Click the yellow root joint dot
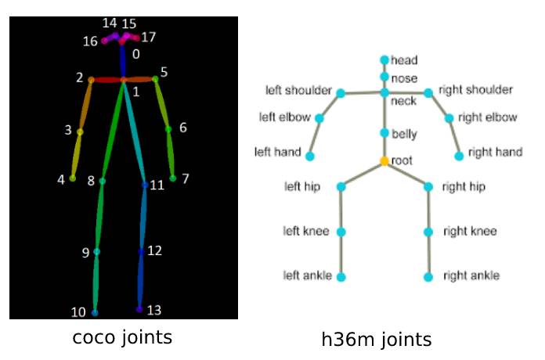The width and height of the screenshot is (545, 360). (x=384, y=161)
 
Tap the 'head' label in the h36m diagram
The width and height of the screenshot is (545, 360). (x=404, y=60)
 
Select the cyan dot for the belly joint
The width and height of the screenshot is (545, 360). (x=384, y=133)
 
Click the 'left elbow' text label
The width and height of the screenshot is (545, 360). (x=284, y=118)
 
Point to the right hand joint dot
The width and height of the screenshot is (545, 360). (x=459, y=156)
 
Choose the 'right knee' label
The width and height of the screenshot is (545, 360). (x=470, y=232)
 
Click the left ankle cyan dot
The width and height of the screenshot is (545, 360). (x=341, y=276)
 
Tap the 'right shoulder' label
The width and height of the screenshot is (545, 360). (x=475, y=90)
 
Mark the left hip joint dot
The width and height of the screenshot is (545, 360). (x=341, y=186)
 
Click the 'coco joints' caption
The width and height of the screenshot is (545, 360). (x=122, y=337)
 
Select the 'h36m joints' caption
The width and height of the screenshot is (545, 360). (x=377, y=340)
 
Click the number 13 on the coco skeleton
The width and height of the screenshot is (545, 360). (x=154, y=311)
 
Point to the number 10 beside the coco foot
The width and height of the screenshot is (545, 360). (x=78, y=312)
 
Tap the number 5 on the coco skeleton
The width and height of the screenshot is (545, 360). (x=164, y=72)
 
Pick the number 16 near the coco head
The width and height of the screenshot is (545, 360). (x=90, y=41)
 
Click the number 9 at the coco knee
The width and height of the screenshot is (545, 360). (x=85, y=253)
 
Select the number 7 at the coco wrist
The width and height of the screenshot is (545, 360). (x=185, y=178)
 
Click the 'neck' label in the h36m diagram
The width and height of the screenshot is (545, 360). (x=403, y=102)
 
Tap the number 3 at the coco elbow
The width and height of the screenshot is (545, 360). (x=68, y=130)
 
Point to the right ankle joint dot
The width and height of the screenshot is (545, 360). (x=428, y=277)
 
